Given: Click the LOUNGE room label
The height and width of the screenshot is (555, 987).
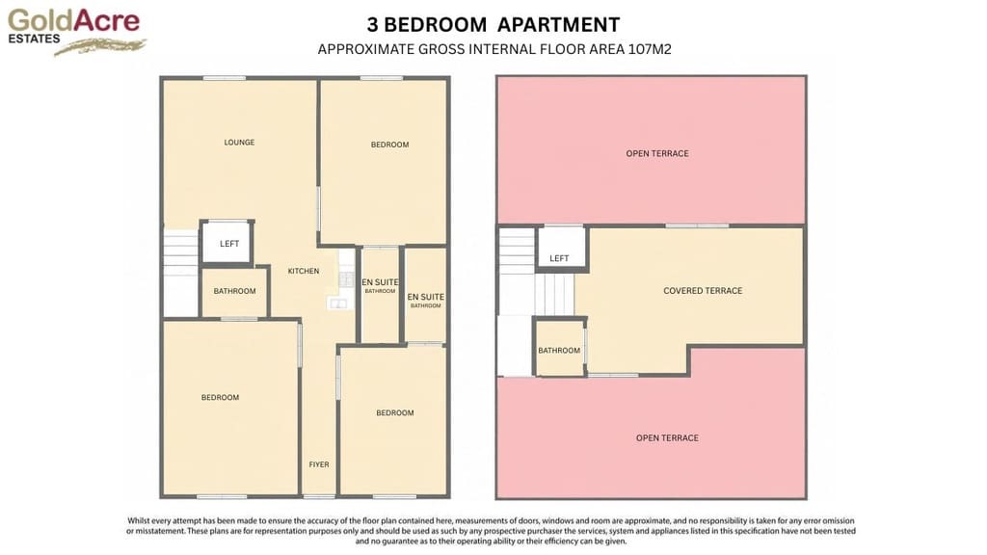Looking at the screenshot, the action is point(239,143).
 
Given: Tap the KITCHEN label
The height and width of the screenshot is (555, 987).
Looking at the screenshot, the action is point(304,271).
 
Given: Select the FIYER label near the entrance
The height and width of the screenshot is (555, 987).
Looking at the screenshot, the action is point(319,464).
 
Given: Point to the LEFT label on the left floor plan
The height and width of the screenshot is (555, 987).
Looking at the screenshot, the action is point(229,244).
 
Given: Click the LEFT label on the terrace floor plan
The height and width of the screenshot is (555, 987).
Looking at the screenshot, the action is point(559,258).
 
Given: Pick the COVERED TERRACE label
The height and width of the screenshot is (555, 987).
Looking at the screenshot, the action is point(703,291).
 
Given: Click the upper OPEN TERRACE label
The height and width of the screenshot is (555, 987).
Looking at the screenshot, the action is point(657,153).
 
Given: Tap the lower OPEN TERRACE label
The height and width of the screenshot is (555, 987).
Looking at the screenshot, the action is point(667,438).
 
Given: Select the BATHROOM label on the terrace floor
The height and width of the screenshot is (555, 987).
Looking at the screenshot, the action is point(559,351).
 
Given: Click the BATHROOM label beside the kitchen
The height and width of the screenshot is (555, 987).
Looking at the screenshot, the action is point(234,291).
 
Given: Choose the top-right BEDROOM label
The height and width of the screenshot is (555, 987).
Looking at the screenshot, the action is point(389,145).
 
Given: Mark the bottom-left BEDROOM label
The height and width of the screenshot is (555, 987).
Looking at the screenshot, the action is point(221,398).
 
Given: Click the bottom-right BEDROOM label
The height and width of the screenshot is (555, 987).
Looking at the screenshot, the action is point(395,412).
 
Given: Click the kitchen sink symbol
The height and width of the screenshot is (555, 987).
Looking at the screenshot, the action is point(338,304).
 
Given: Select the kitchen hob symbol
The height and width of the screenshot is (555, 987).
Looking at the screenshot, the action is point(346,279).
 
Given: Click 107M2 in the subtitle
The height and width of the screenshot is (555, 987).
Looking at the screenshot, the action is point(650,50).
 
